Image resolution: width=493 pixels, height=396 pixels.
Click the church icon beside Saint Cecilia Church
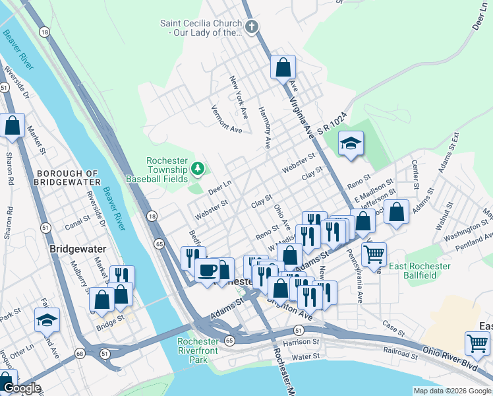(x=251, y=27)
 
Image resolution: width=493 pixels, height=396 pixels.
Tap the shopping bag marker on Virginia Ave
(x=283, y=67)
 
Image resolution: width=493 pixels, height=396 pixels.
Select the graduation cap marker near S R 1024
(x=351, y=143)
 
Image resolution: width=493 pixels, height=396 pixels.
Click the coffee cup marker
(x=208, y=270)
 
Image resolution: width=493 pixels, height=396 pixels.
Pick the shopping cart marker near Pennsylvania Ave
(x=374, y=254)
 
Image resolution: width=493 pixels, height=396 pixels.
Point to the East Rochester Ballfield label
(x=419, y=271)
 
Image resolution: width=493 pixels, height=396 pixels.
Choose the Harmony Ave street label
(x=264, y=126)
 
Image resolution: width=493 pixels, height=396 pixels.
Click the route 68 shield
(x=79, y=353)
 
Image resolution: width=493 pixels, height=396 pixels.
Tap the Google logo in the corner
(x=22, y=389)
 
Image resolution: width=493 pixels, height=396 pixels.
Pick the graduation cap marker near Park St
(x=47, y=320)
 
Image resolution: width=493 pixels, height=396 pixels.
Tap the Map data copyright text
(x=452, y=391)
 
